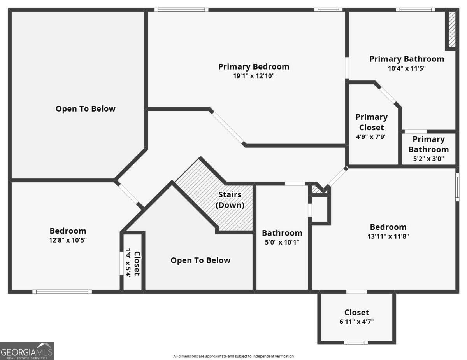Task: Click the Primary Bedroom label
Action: [x=253, y=66]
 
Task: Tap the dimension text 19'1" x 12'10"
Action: [x=254, y=76]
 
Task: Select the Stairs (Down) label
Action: [x=230, y=200]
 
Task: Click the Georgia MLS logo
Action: [x=26, y=351]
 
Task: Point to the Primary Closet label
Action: [x=372, y=122]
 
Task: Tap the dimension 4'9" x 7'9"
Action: [x=371, y=136]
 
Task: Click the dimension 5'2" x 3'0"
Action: [x=428, y=159]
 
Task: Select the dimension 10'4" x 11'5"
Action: [x=406, y=68]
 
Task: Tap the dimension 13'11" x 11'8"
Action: [x=388, y=236]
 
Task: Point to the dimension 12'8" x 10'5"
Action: [x=68, y=240]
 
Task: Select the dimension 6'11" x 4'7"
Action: [x=356, y=322]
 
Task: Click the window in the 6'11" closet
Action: [x=356, y=343]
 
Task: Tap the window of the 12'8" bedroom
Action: [x=62, y=291]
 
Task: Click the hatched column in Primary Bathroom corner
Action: [x=452, y=30]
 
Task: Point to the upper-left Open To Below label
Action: [x=86, y=108]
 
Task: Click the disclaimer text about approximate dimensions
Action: [x=233, y=356]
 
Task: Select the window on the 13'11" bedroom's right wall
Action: [x=457, y=187]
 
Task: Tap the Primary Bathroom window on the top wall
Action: [x=415, y=9]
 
